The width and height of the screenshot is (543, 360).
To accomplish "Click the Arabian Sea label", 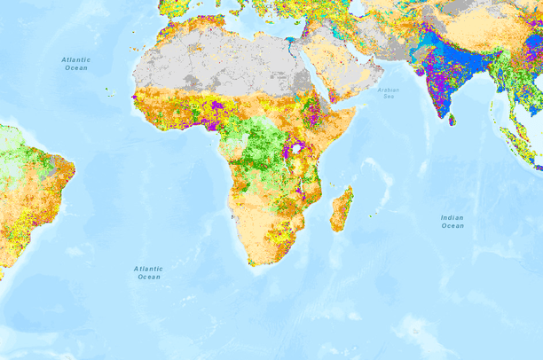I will pyautogui.click(x=389, y=93).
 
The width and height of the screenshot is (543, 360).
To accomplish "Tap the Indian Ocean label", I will pyautogui.click(x=452, y=221).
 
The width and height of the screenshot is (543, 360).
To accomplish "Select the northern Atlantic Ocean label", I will pyautogui.click(x=76, y=63).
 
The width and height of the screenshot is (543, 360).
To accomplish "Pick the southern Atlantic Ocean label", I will pyautogui.click(x=148, y=272).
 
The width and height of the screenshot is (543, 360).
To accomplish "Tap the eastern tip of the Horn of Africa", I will pyautogui.click(x=357, y=109).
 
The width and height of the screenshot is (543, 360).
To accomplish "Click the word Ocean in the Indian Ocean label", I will pyautogui.click(x=452, y=226).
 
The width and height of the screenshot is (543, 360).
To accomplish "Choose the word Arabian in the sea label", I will pyautogui.click(x=389, y=90).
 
